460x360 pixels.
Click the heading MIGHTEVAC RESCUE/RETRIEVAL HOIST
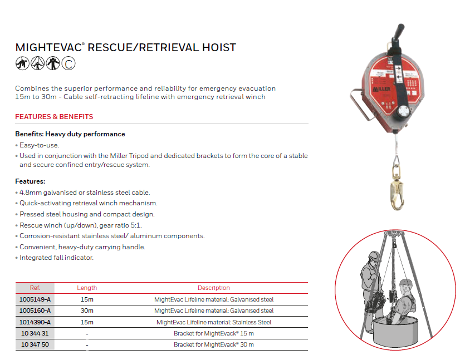[126, 47]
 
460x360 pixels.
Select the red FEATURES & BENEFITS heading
[54, 117]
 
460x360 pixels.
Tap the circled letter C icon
[68, 64]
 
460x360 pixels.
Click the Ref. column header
[35, 288]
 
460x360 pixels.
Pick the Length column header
[87, 288]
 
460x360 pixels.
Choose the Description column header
[213, 288]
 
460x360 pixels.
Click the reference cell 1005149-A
[35, 299]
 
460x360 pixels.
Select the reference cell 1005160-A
[35, 310]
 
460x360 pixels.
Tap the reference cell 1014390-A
[35, 322]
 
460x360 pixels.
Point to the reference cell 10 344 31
[35, 333]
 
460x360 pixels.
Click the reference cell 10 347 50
[35, 345]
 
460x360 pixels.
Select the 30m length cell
[87, 310]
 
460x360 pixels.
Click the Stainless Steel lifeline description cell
[214, 322]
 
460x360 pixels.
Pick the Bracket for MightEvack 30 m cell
[214, 345]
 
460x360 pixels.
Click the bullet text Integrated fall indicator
[56, 258]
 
